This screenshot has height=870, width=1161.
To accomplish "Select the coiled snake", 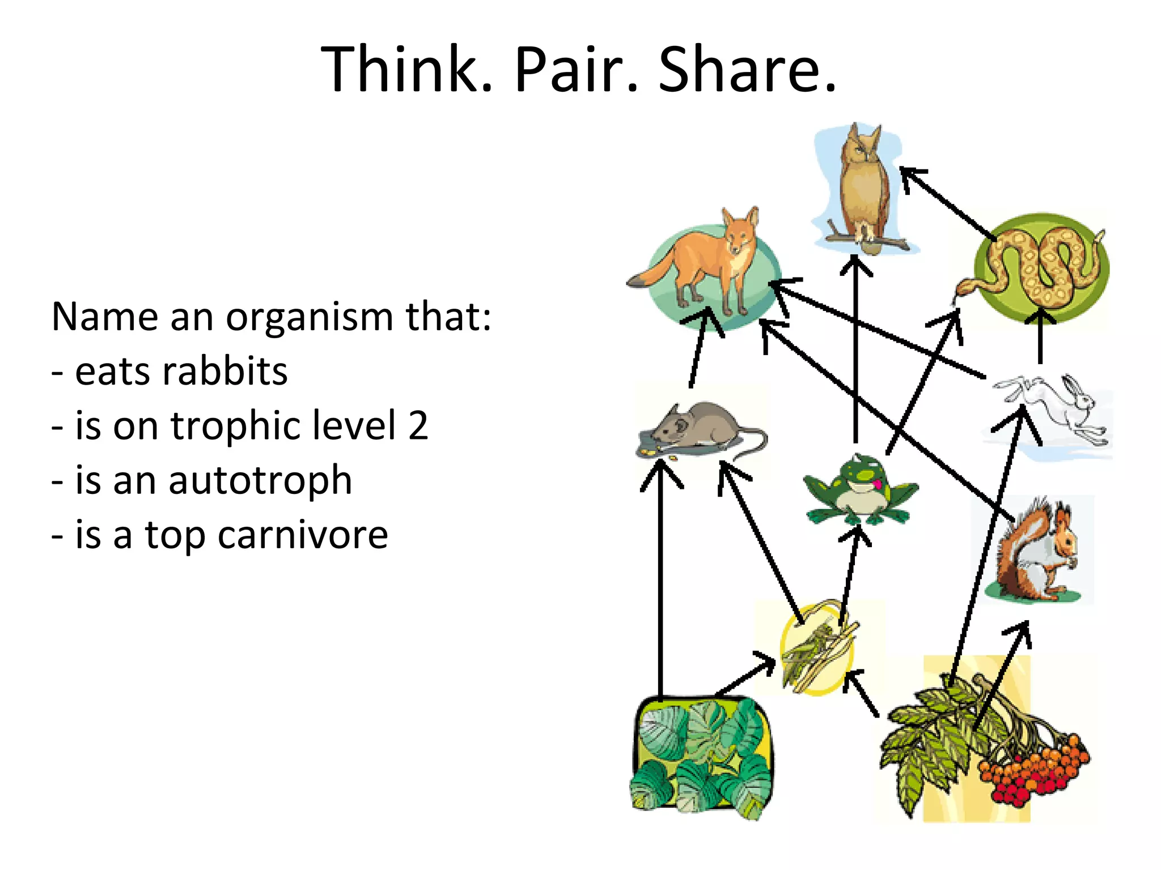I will [x=1043, y=266].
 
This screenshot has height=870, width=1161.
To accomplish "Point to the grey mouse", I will [x=697, y=428].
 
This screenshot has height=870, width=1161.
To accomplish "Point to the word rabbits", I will [x=181, y=372].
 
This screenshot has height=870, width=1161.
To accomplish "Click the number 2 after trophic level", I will [x=418, y=426].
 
